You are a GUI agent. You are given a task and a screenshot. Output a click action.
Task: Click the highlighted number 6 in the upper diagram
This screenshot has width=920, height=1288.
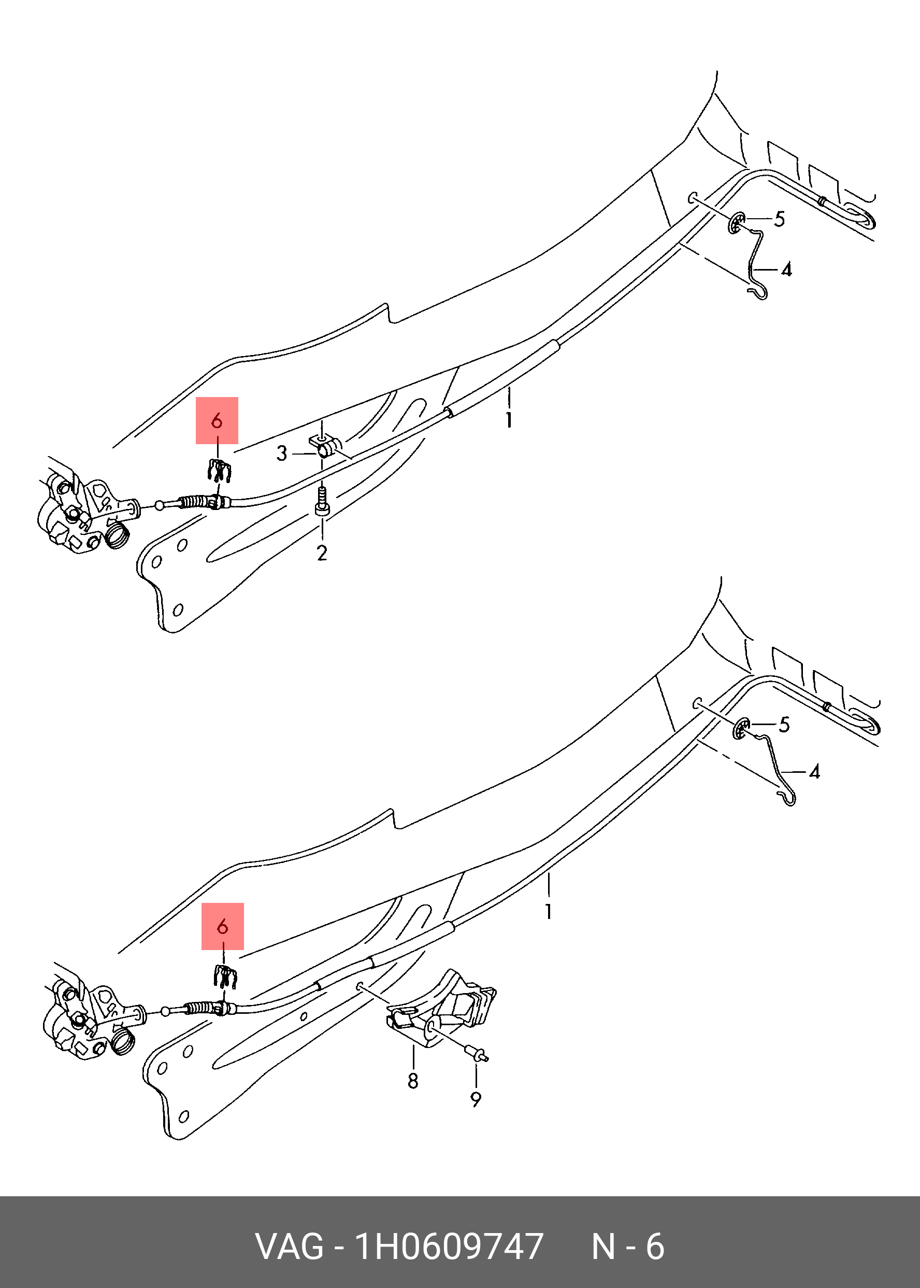pos(217,420)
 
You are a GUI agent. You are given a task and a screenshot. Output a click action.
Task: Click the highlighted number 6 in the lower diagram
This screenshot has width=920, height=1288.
pos(223,926)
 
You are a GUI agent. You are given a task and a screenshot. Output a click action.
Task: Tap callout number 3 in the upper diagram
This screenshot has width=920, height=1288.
pos(282,454)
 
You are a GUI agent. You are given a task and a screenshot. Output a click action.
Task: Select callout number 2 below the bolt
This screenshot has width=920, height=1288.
pos(322,553)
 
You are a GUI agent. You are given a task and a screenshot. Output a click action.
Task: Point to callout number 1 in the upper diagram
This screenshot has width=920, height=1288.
pos(509,420)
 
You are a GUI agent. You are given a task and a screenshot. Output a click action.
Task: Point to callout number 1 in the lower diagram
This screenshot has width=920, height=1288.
pos(549,911)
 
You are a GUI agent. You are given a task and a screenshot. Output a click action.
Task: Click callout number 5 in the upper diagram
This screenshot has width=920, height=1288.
pos(780,219)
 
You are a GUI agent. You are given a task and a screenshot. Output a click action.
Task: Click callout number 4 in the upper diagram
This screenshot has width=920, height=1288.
pos(786,270)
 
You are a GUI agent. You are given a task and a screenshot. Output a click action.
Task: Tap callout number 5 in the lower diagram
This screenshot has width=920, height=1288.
pos(784,725)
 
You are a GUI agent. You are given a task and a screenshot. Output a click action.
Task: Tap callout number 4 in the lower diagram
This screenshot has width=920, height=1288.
pos(814,772)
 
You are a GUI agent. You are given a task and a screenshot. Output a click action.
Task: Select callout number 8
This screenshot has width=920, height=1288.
pos(413,1081)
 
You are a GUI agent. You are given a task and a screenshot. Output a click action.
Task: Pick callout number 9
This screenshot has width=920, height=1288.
pos(476,1099)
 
